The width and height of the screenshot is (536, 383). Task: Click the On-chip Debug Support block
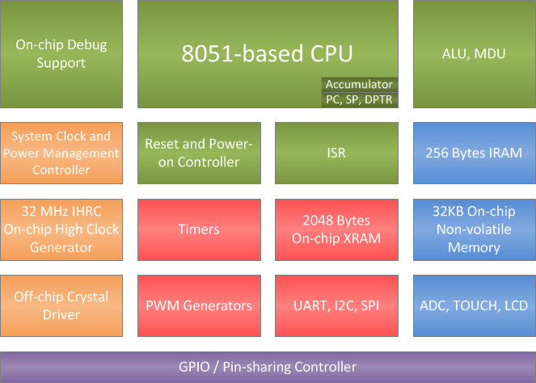click(61, 54)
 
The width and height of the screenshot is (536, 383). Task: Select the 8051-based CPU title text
click(268, 54)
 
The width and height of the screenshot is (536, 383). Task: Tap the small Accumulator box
click(359, 84)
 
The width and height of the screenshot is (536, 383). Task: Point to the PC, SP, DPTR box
click(359, 99)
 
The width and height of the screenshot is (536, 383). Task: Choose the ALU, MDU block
click(474, 54)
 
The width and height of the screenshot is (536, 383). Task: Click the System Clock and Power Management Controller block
click(61, 153)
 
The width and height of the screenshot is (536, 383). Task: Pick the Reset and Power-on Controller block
click(199, 153)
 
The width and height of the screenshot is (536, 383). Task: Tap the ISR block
click(336, 153)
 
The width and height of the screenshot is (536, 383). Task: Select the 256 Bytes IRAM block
click(474, 153)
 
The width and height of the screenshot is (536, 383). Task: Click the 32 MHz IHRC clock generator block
click(61, 229)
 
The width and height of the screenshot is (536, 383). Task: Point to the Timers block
click(199, 229)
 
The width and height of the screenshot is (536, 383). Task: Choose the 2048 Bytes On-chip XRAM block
click(336, 229)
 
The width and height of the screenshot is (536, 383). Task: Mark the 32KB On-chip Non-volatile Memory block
click(474, 229)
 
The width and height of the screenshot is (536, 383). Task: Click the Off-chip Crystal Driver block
click(61, 305)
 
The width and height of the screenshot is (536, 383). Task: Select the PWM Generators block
click(199, 305)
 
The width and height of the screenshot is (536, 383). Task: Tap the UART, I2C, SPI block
click(336, 305)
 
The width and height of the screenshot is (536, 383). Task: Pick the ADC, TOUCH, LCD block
click(474, 305)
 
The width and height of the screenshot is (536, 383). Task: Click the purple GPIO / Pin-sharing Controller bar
click(268, 367)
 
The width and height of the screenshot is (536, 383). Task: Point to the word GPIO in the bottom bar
click(195, 367)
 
